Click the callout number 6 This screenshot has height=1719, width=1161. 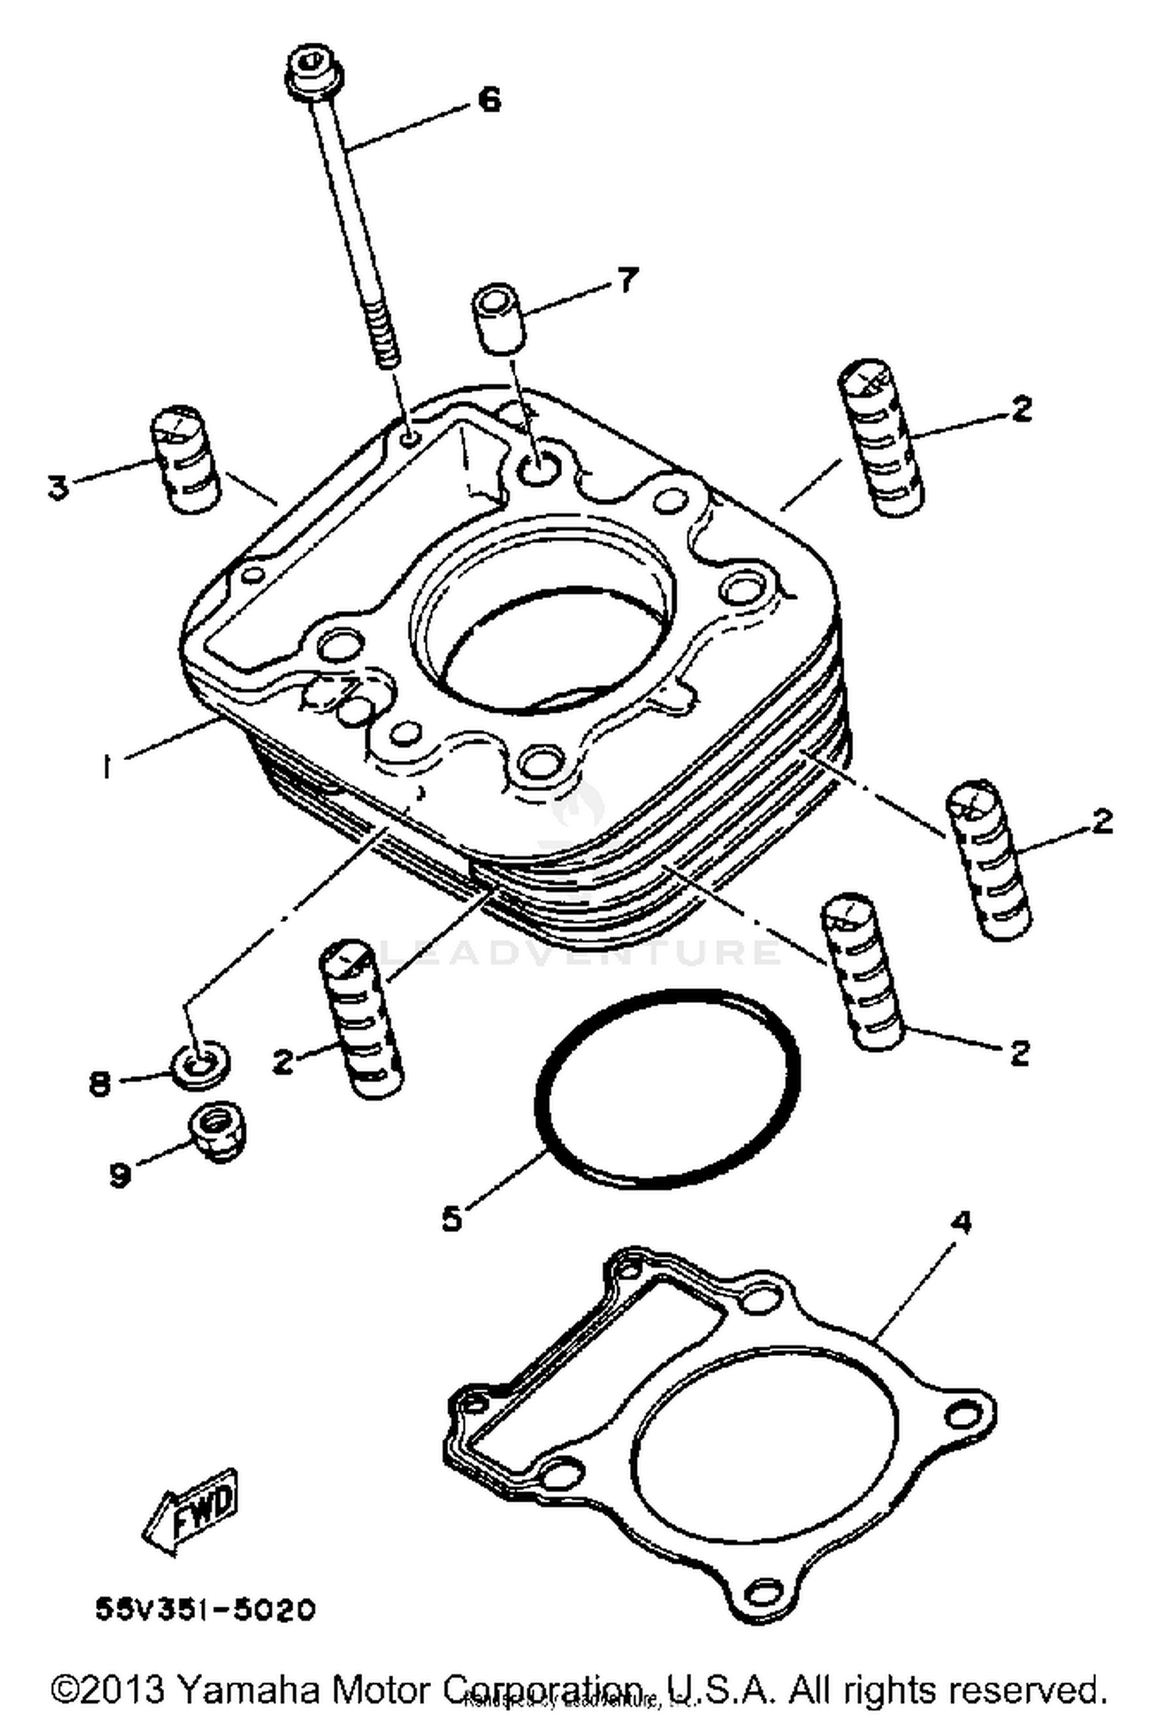pos(489,101)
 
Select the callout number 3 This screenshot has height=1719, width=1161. pos(58,488)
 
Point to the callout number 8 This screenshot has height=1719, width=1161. pos(100,1083)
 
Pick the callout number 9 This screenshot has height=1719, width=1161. pos(120,1175)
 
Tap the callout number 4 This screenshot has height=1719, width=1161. pos(961,1223)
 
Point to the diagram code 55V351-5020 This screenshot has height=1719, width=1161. pos(205,1608)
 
